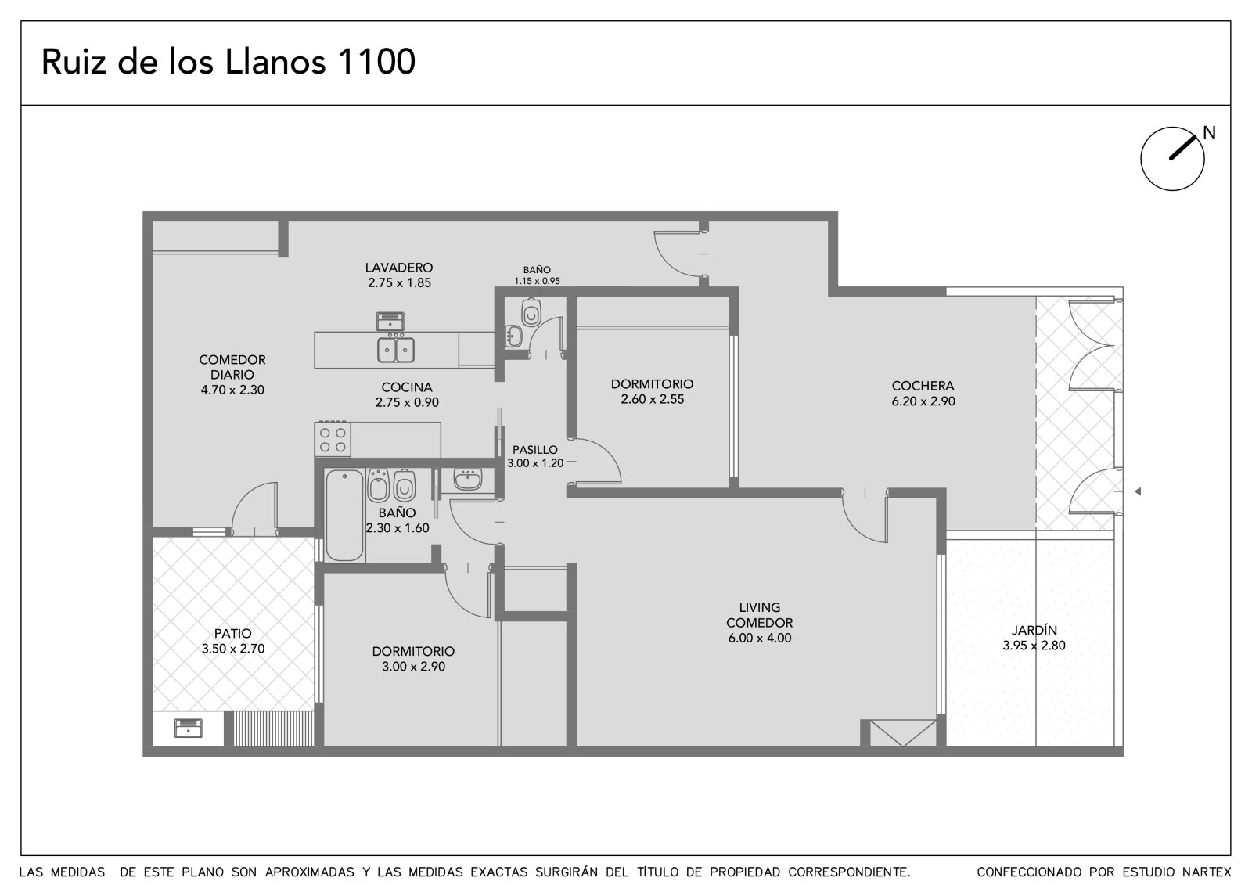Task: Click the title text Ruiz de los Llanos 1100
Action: (x=228, y=62)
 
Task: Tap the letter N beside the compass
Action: (x=1209, y=132)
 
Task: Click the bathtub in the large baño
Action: (x=344, y=515)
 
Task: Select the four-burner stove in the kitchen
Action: (x=333, y=440)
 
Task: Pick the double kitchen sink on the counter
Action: (x=396, y=350)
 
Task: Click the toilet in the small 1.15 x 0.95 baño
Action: (x=531, y=313)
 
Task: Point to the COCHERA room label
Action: (x=923, y=386)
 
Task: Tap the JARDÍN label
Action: (x=1034, y=630)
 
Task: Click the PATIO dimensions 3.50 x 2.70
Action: (x=233, y=649)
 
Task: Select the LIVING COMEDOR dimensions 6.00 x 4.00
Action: (x=760, y=638)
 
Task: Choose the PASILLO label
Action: (x=535, y=449)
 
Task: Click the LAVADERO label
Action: (x=399, y=268)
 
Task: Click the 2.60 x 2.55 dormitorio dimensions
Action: (x=653, y=399)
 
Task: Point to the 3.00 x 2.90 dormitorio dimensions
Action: (x=414, y=667)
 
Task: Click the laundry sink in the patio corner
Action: (x=189, y=729)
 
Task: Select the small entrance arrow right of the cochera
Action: (x=1138, y=491)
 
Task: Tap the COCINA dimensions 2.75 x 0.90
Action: (x=407, y=402)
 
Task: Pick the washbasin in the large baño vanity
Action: (x=468, y=479)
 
